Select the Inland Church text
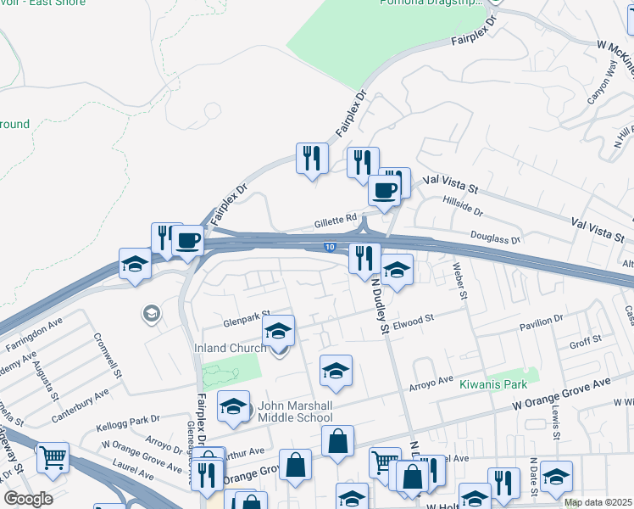point(232,348)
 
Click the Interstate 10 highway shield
point(329,247)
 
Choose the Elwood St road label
point(414,320)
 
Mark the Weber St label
point(461,283)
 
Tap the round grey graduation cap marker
point(151,315)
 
